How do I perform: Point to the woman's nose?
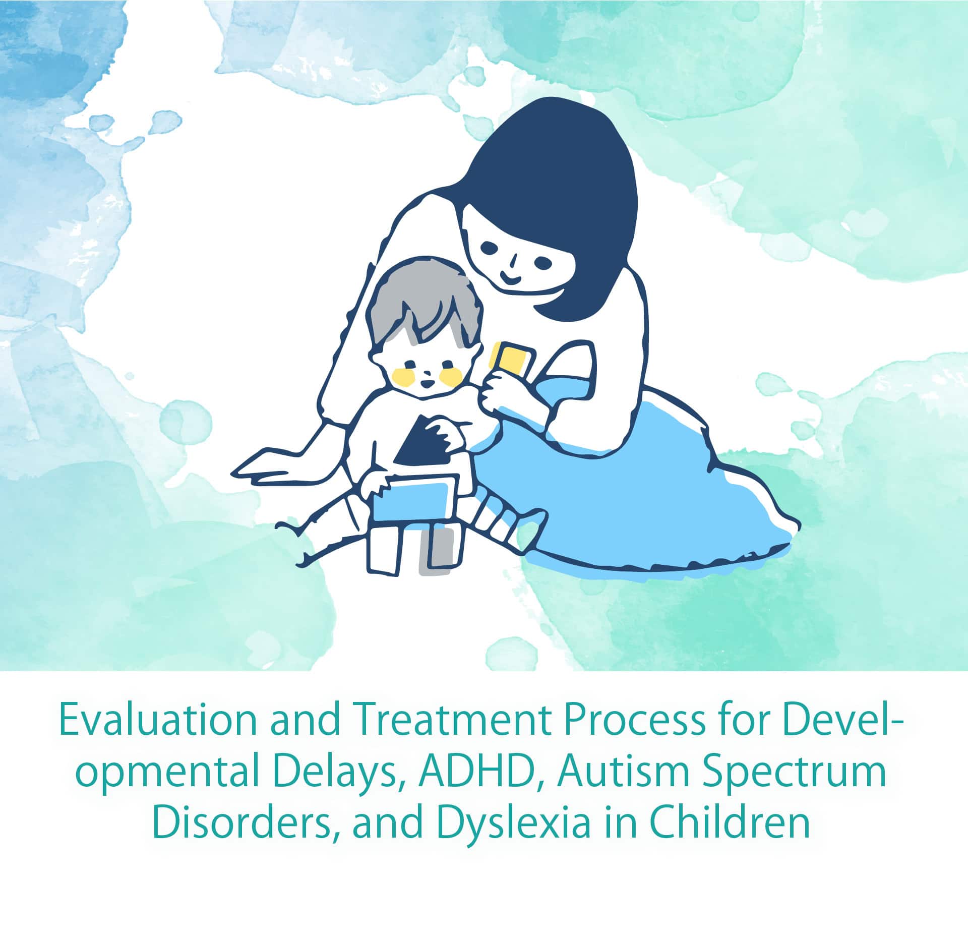point(512,261)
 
